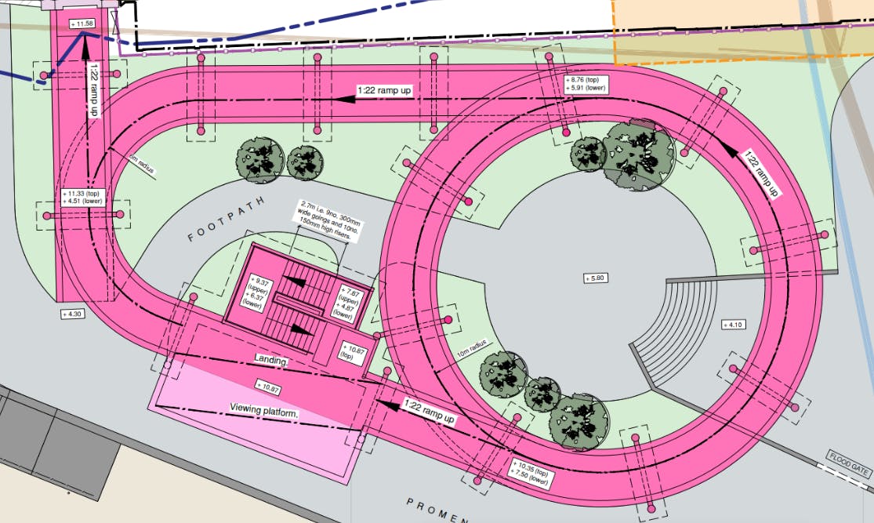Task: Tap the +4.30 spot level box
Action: [x=76, y=314]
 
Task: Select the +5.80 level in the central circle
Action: [x=596, y=278]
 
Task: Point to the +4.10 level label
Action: [x=734, y=324]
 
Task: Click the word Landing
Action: [x=271, y=360]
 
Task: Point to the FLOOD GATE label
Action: [x=848, y=462]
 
